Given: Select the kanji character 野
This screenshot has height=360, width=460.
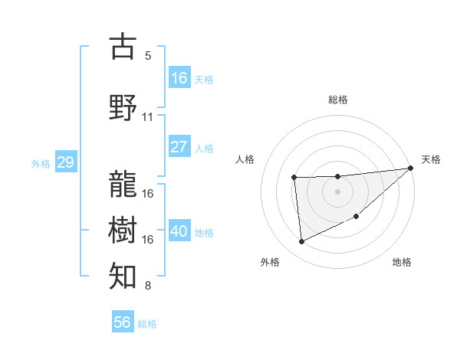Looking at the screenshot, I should click(x=123, y=106).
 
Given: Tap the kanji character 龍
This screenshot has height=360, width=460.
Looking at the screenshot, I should click(x=123, y=183).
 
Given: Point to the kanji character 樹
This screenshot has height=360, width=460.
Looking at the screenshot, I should click(x=123, y=229).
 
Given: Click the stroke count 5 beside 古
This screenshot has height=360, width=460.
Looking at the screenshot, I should click(x=148, y=56).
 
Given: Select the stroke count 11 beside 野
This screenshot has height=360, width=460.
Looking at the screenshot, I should click(x=148, y=117).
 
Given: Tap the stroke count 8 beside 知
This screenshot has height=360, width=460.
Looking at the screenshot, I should click(x=148, y=286).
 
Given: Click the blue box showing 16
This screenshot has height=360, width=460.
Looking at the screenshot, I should click(x=179, y=77).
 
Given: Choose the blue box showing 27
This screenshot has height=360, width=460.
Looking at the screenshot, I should click(x=179, y=147).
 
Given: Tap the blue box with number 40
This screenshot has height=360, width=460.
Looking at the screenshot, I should click(x=179, y=231).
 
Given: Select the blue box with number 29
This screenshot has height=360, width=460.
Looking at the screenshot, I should click(x=65, y=162).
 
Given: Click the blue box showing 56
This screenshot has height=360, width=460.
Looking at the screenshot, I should click(x=123, y=322).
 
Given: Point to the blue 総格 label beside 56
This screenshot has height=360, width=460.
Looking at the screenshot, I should click(x=147, y=324).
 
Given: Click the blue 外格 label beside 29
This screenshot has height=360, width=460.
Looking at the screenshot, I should click(x=41, y=163).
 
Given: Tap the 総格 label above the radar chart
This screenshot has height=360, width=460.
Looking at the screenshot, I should click(x=337, y=100).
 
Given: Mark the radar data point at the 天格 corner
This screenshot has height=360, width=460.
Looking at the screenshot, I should click(x=411, y=169).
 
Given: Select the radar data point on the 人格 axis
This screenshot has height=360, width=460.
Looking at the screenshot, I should click(x=294, y=178).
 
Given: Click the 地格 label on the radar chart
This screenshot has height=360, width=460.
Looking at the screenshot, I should click(x=402, y=262).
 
